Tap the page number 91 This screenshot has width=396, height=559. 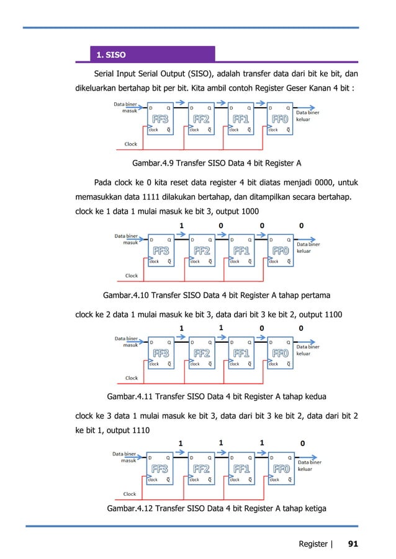353,544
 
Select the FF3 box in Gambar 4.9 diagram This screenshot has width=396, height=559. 161,119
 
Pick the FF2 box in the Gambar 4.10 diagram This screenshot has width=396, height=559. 202,250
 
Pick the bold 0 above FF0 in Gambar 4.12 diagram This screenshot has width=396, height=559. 302,443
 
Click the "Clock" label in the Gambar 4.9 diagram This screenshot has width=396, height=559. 131,144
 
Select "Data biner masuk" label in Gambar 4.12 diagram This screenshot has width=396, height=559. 125,457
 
